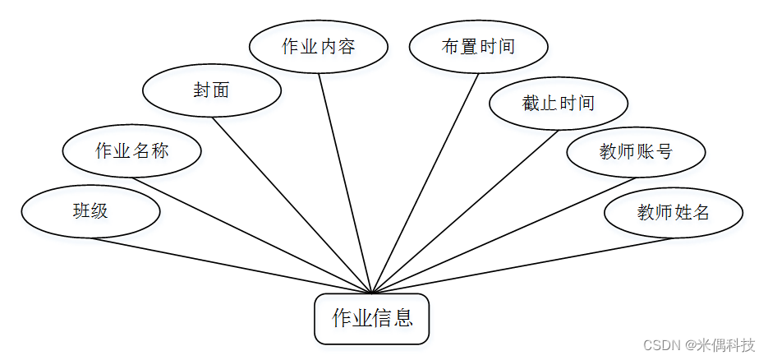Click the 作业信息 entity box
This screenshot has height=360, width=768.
pyautogui.click(x=371, y=318)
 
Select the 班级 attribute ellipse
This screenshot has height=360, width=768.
pyautogui.click(x=90, y=211)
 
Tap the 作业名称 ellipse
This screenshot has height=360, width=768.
pyautogui.click(x=132, y=151)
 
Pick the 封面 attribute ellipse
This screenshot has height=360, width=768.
pyautogui.click(x=212, y=90)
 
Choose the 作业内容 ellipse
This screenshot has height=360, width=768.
pyautogui.click(x=319, y=46)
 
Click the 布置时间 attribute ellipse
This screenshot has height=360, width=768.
pyautogui.click(x=478, y=46)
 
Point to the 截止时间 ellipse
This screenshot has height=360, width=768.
pyautogui.click(x=559, y=104)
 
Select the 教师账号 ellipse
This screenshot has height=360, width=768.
pyautogui.click(x=636, y=151)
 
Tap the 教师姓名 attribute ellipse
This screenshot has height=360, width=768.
pyautogui.click(x=674, y=212)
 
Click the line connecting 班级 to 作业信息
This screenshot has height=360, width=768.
pyautogui.click(x=232, y=265)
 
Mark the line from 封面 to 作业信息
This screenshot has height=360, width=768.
pyautogui.click(x=292, y=205)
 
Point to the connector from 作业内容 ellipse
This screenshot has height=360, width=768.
pyautogui.click(x=345, y=182)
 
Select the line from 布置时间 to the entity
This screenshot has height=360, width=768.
pyautogui.click(x=425, y=183)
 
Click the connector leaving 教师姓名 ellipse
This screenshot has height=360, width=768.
pyautogui.click(x=522, y=265)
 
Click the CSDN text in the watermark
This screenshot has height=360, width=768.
pyautogui.click(x=659, y=344)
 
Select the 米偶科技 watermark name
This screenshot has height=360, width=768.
pyautogui.click(x=726, y=344)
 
